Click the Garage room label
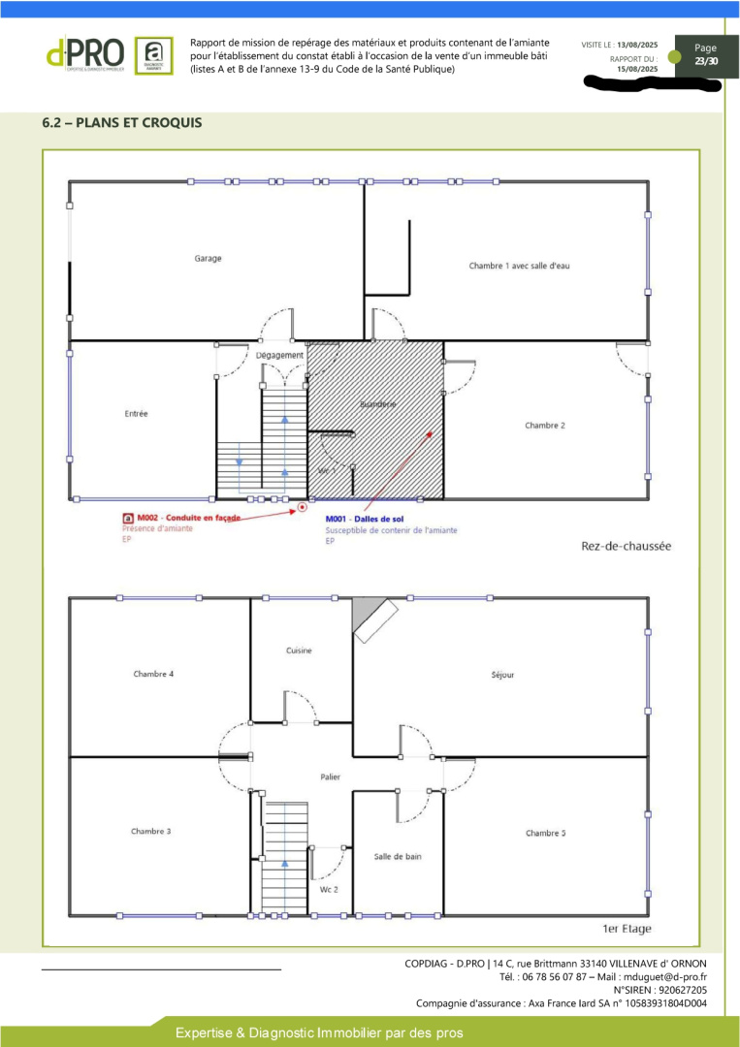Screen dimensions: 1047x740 208,259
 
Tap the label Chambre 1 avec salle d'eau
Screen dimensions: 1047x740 519,266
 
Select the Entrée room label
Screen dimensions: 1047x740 137,414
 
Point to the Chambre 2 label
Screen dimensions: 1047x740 545,426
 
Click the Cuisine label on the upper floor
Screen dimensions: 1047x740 299,650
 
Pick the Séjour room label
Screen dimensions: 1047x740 503,675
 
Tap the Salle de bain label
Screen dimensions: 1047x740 398,856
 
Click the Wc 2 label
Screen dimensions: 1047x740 329,889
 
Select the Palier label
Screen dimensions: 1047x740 331,777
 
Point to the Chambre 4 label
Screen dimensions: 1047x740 153,674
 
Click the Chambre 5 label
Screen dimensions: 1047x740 546,833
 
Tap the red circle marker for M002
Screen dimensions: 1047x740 303,506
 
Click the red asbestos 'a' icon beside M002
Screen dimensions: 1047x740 127,519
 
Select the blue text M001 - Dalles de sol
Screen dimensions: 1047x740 364,520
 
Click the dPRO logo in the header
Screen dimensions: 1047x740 85,53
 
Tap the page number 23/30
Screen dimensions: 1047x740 706,62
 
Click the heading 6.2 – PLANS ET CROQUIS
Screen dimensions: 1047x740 122,123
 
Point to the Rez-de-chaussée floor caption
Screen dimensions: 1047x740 626,546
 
